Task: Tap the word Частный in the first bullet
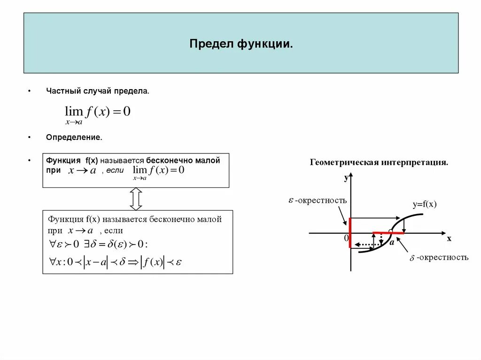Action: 62,91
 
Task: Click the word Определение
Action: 74,138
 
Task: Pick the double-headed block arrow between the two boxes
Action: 136,199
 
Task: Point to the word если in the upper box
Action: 115,170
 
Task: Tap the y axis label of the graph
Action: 346,177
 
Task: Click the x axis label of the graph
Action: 449,238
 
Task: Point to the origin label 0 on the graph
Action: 346,238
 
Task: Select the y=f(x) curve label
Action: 425,204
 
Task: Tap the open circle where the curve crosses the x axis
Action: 391,232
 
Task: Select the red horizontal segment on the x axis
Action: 388,232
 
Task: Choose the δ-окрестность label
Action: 439,258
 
